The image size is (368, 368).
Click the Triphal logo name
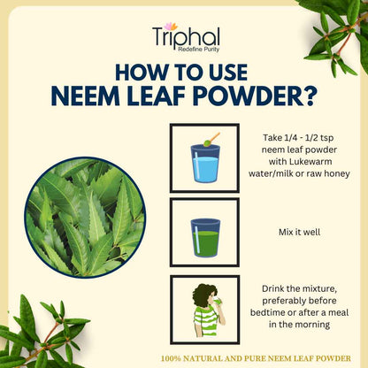point(186,37)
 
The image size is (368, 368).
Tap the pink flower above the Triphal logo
point(171,27)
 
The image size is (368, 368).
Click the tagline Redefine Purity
point(199,50)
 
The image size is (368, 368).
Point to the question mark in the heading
point(310,96)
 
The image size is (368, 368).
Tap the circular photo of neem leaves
point(85,218)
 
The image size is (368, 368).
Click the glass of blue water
point(205,163)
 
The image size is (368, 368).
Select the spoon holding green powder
point(211,140)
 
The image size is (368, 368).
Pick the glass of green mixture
point(205,238)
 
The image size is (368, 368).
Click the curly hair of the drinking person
point(203,295)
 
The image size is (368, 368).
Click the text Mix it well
point(299,232)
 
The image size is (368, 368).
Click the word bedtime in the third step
point(267,312)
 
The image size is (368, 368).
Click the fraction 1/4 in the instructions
point(284,138)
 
